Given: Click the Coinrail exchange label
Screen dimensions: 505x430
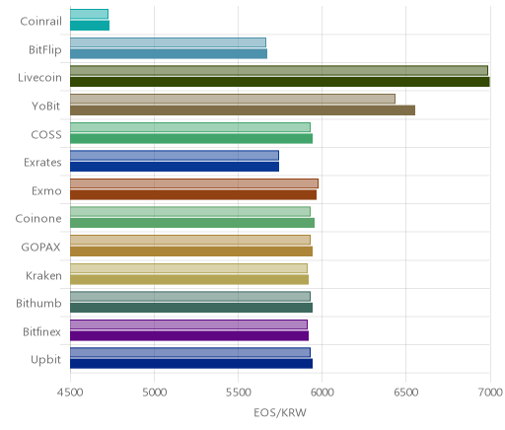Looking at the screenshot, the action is click(40, 22).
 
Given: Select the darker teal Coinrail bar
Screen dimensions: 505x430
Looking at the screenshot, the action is click(90, 26).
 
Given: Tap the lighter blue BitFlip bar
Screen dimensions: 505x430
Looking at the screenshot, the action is click(168, 42).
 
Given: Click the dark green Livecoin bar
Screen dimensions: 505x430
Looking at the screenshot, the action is click(280, 82).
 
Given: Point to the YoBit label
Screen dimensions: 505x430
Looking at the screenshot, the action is click(45, 107).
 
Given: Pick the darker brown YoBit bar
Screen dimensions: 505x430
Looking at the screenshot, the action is click(243, 110).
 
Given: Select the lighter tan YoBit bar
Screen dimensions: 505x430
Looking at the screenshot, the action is click(233, 99).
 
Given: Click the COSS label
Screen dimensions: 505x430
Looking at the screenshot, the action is click(46, 134).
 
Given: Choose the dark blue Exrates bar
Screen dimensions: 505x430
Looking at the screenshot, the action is click(175, 167).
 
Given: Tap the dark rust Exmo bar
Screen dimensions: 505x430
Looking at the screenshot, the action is click(193, 194).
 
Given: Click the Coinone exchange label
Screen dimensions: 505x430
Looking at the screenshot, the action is click(38, 219).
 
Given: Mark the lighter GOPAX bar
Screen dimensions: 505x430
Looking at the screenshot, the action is click(190, 240).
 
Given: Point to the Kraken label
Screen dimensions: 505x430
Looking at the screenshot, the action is click(43, 275).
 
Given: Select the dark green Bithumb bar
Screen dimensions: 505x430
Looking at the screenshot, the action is click(191, 308).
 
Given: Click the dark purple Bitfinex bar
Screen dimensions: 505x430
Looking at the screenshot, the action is click(189, 335).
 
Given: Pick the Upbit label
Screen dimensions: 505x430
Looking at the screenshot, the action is click(45, 360).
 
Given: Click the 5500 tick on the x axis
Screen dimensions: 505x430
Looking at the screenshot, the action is click(238, 393).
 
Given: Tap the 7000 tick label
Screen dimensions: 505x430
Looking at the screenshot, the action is click(490, 393).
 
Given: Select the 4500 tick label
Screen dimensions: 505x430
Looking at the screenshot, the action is click(70, 393).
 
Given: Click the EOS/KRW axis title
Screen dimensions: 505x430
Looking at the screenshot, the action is click(280, 412).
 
